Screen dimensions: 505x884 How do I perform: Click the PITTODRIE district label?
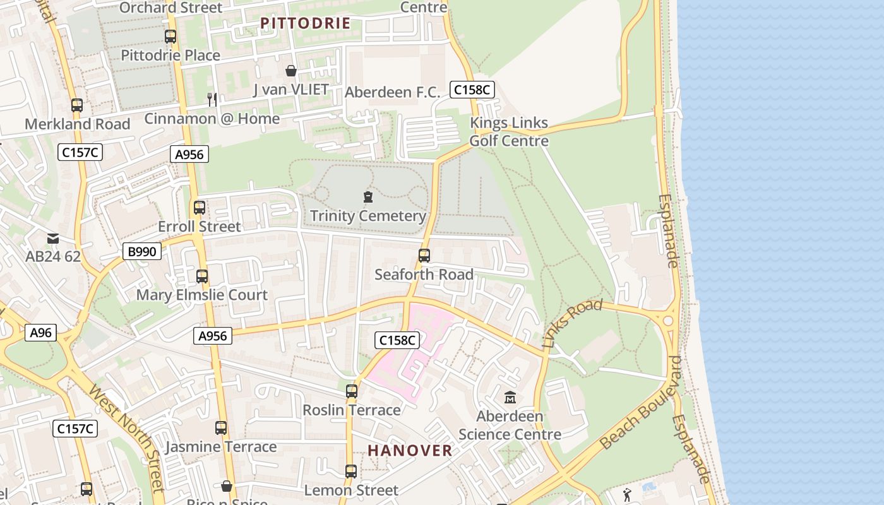coord(305,23)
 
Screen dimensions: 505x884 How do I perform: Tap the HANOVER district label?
coord(410,450)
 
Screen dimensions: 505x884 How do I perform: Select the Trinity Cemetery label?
coord(367,216)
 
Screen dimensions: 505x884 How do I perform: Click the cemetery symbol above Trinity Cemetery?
coord(368,198)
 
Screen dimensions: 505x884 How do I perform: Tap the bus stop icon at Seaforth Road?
coord(424,256)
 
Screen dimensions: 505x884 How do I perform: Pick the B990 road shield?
coord(142,252)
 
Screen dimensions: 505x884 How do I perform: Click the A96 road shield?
coord(41,333)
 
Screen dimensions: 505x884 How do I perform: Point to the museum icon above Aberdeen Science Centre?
coord(510,398)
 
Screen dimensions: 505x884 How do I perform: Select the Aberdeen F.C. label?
coord(392,92)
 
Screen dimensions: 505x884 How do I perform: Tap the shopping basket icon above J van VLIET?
coord(291,71)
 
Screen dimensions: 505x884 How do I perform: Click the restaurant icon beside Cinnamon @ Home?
coord(212,99)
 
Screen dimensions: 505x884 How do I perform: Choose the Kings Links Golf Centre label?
coord(509,131)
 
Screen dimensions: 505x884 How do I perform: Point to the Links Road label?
coord(572,324)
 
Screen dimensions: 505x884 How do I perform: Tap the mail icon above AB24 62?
coord(53,239)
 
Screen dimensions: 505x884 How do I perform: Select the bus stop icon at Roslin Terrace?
coord(352,391)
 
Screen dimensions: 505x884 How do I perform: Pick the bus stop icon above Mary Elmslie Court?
coord(202,276)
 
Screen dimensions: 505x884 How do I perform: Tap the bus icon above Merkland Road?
coord(77,105)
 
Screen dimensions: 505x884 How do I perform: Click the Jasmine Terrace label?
coord(221,447)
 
